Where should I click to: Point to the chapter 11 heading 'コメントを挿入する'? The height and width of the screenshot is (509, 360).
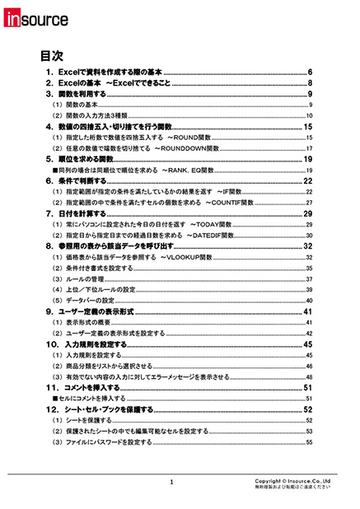[x=99, y=386]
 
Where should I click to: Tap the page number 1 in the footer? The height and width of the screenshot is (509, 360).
[x=171, y=483]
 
